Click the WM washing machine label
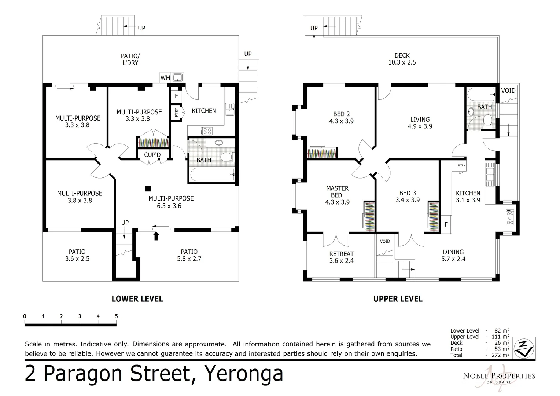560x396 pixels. (165, 78)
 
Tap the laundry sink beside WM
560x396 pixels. (178, 77)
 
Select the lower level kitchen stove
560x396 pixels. (206, 131)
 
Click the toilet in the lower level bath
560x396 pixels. (226, 157)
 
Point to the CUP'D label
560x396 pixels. (152, 155)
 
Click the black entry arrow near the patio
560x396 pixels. (156, 235)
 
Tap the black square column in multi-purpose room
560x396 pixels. (148, 188)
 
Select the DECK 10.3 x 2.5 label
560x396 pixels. (402, 59)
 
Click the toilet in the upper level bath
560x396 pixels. (487, 120)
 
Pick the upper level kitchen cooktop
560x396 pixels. (510, 217)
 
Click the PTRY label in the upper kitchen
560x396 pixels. (461, 165)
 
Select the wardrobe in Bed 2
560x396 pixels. (322, 153)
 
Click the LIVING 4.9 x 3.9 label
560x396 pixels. (420, 123)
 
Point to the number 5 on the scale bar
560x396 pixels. (116, 316)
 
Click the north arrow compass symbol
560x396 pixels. (524, 348)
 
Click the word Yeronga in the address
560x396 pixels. (244, 374)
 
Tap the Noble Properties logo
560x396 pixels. (498, 377)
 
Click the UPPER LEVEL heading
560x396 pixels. (398, 299)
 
